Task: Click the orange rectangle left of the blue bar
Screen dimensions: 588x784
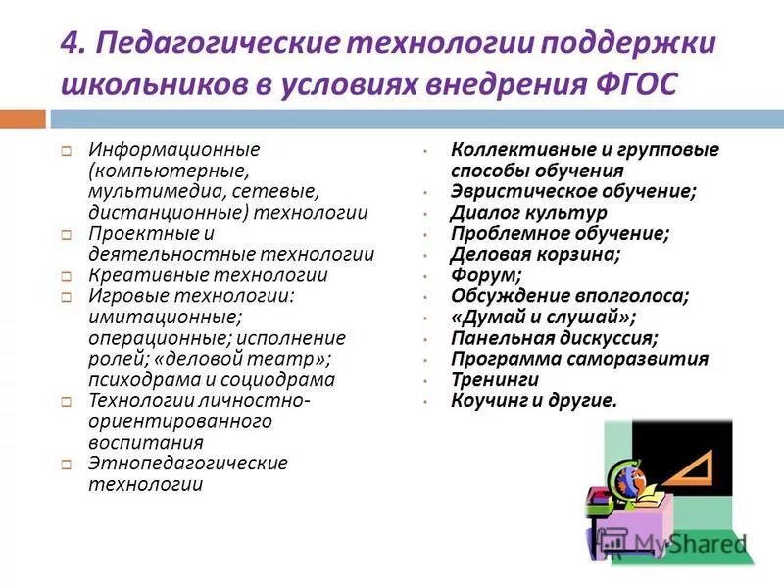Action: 23,120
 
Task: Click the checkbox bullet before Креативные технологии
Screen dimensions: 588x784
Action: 66,277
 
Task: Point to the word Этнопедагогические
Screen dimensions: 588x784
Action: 188,463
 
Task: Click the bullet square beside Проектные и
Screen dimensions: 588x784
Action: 66,235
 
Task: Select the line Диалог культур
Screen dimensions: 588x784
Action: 528,212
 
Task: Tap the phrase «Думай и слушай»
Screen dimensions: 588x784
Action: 543,317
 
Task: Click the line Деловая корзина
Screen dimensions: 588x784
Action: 535,254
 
